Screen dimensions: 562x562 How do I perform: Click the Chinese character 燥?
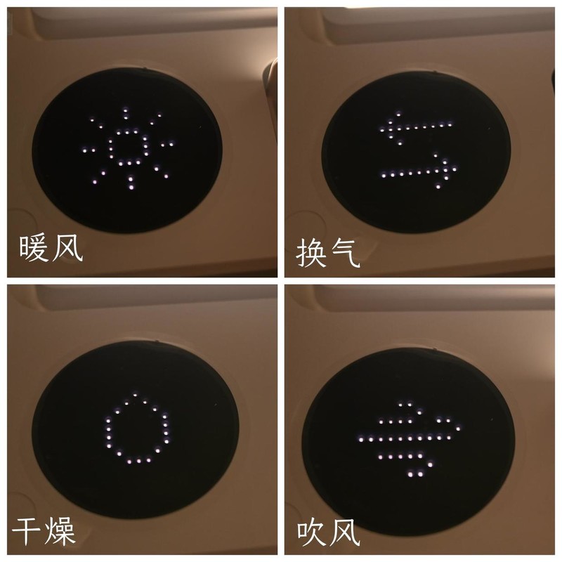click(x=60, y=532)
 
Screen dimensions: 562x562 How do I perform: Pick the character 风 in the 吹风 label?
click(x=345, y=532)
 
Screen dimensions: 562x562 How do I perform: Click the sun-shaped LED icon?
click(x=127, y=148)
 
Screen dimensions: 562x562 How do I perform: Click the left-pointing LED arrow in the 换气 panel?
click(x=414, y=126)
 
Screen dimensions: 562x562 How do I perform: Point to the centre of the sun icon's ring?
click(x=127, y=147)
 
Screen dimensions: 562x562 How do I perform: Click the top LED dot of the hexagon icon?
click(x=138, y=396)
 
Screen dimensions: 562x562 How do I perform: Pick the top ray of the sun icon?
click(x=126, y=114)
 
